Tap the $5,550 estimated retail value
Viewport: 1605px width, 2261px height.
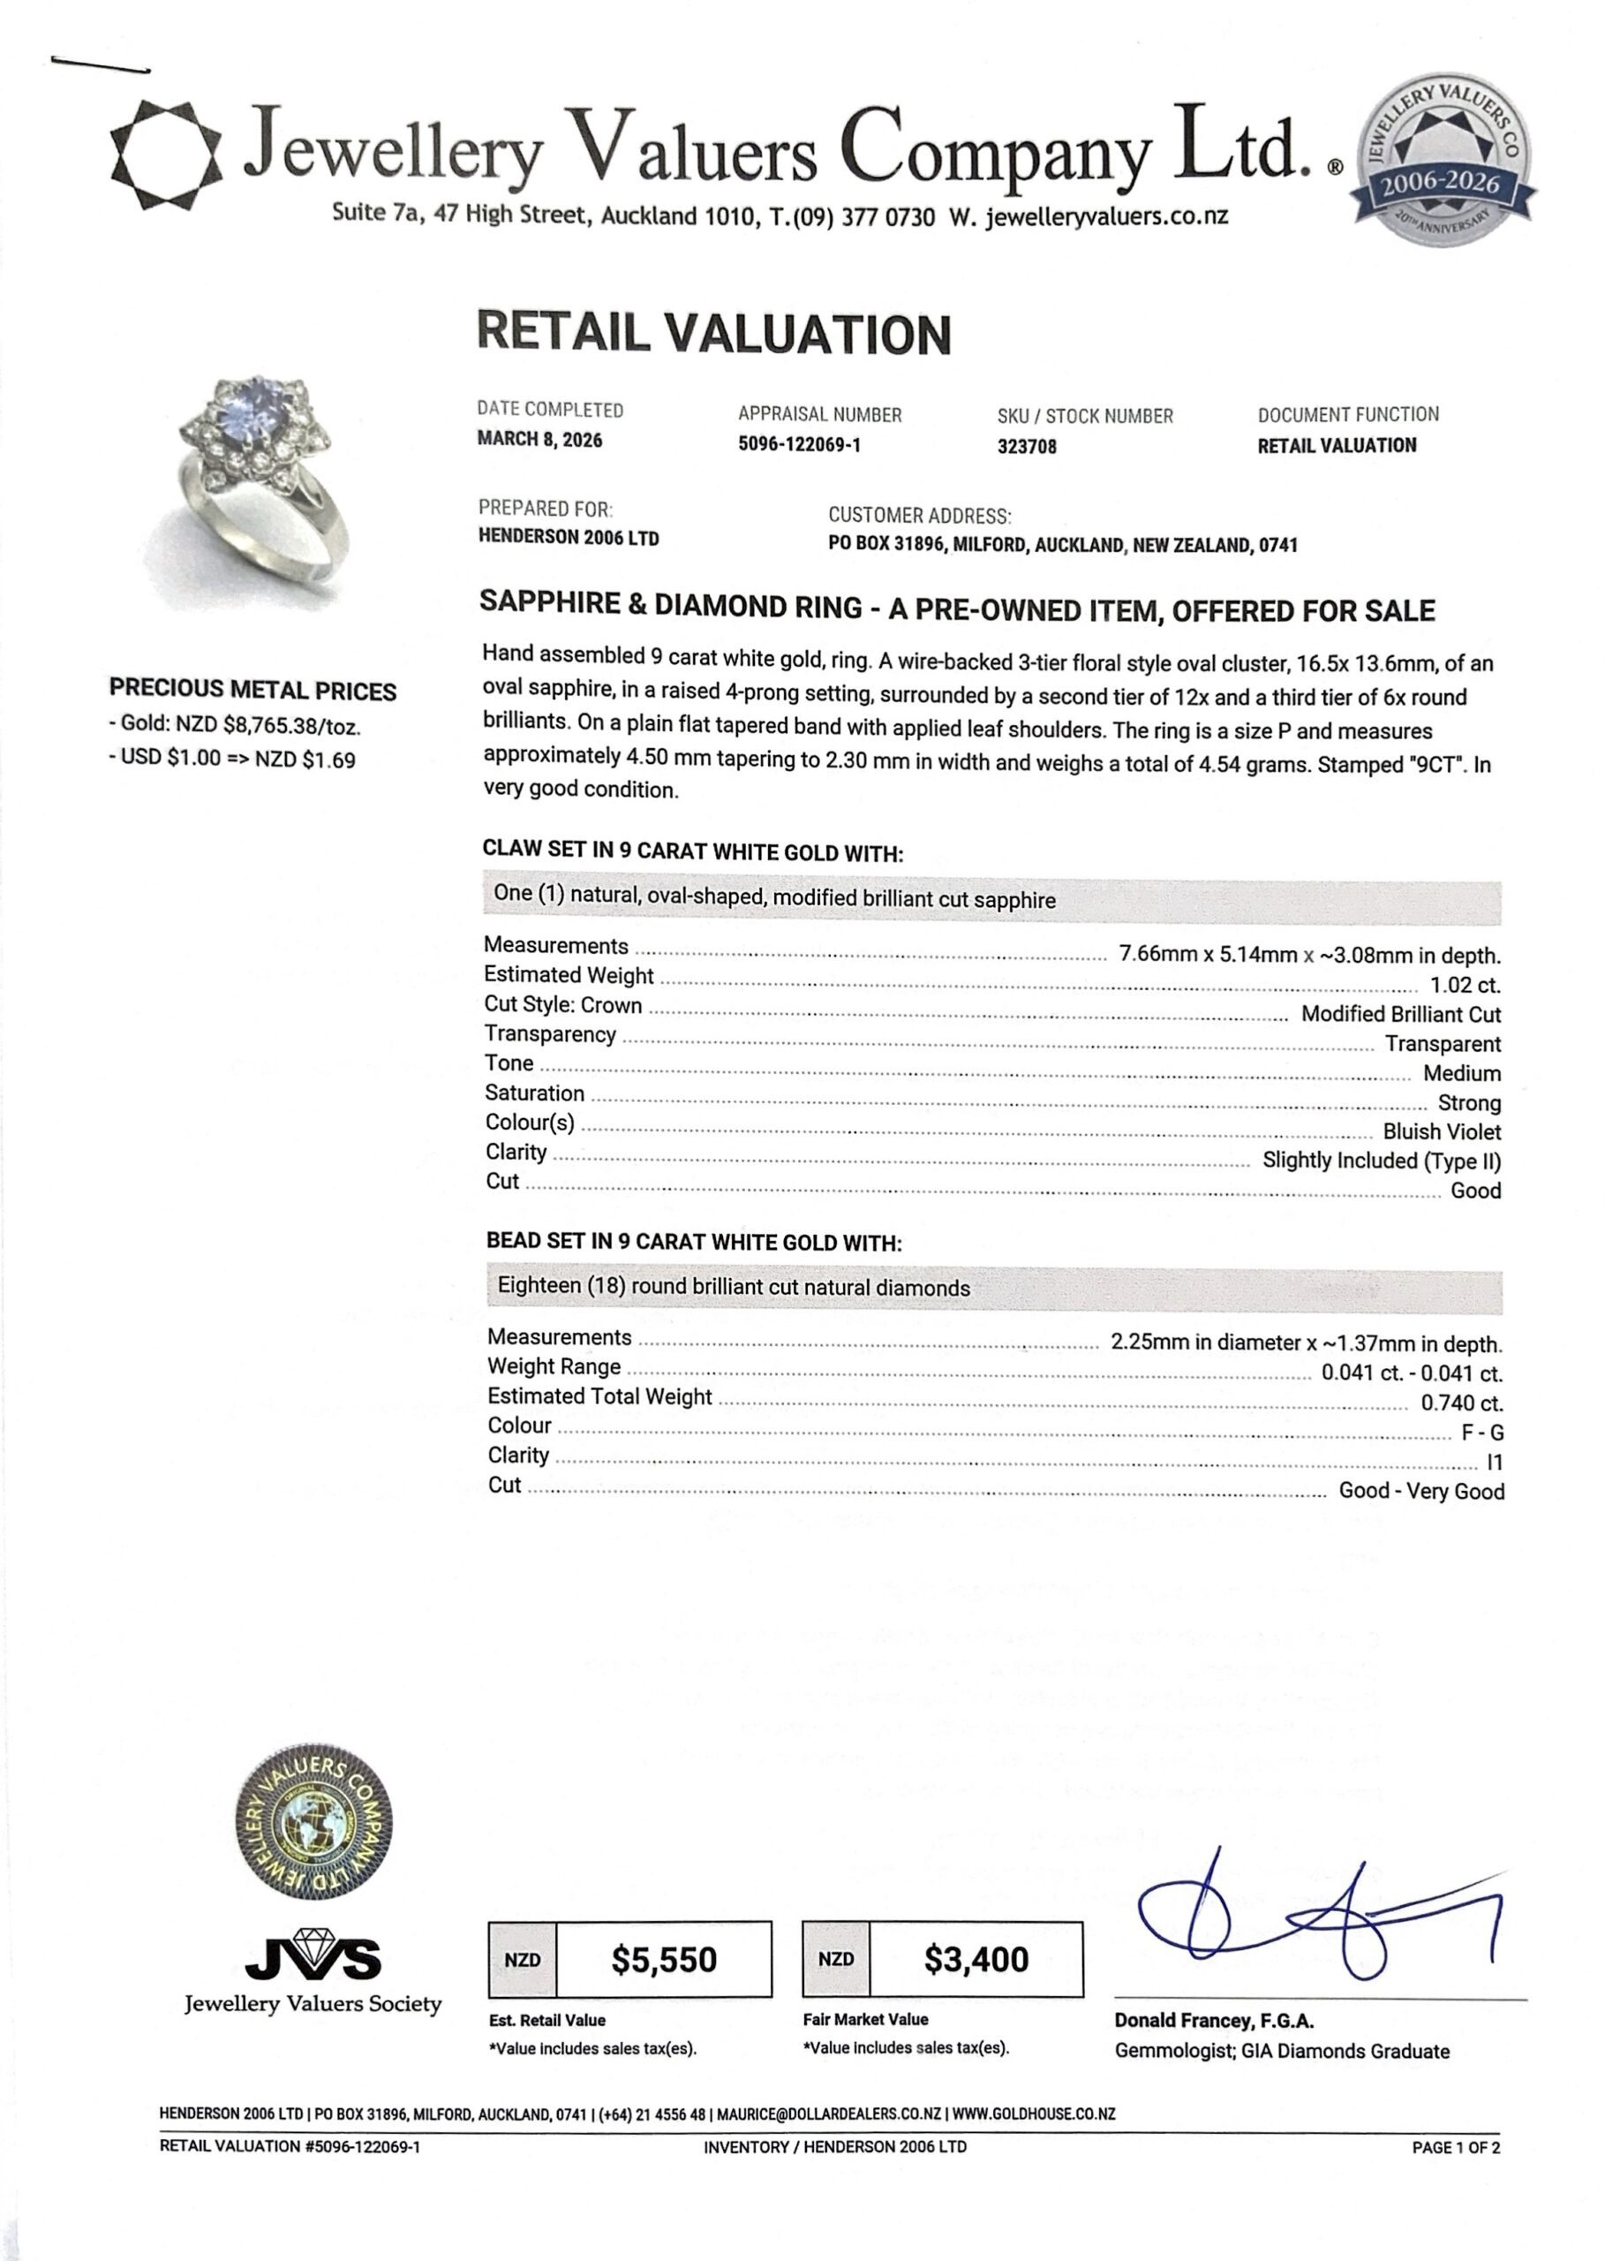point(663,1958)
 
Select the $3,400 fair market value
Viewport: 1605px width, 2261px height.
point(976,1958)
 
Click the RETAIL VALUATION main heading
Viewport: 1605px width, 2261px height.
point(713,333)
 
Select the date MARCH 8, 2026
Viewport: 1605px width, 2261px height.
point(539,440)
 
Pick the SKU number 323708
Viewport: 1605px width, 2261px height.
point(1027,447)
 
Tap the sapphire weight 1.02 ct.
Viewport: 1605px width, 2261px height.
point(1465,986)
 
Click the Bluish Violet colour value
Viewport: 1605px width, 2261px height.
point(1441,1132)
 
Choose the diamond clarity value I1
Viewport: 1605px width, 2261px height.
point(1494,1463)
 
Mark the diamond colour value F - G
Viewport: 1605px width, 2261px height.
point(1481,1433)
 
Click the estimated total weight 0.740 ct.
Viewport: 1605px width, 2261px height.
point(1462,1403)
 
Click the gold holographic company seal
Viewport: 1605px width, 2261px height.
point(313,1822)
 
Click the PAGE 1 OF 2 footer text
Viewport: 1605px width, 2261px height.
point(1456,2146)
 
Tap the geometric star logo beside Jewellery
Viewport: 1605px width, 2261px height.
point(165,155)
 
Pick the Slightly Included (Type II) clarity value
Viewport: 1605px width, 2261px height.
point(1381,1161)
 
